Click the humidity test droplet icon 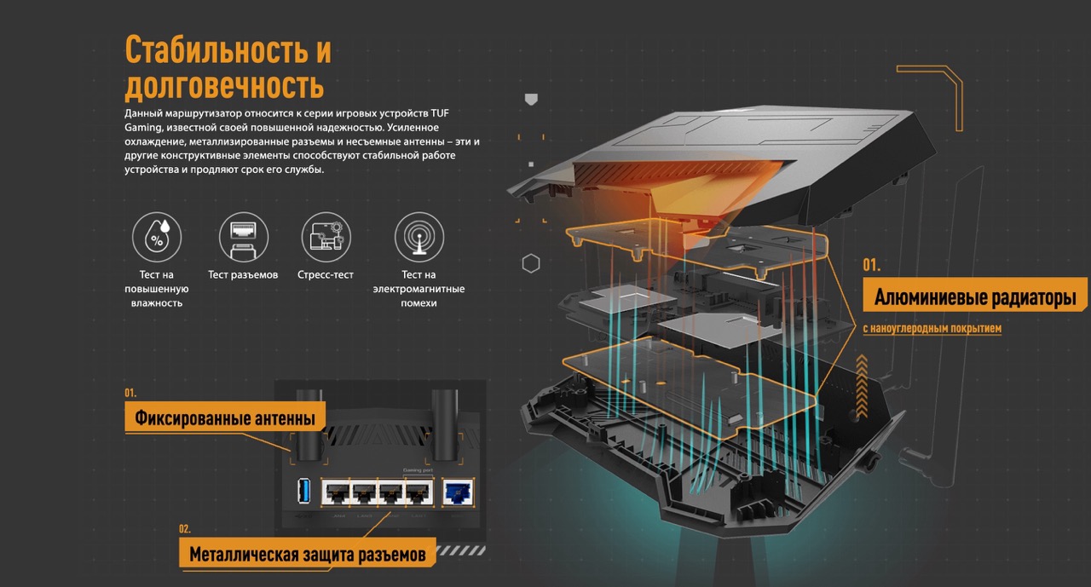pos(158,237)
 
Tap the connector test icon pos(243,237)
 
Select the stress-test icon pos(326,237)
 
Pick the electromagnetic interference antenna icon pos(419,237)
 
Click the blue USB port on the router pos(303,491)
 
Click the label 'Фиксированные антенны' pos(225,418)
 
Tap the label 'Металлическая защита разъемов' pos(307,555)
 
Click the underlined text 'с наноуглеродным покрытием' pos(932,328)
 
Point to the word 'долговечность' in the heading pos(224,86)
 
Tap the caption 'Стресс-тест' pos(326,275)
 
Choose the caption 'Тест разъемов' pos(243,275)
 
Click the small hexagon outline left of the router pos(531,263)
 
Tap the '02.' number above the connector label pos(185,528)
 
